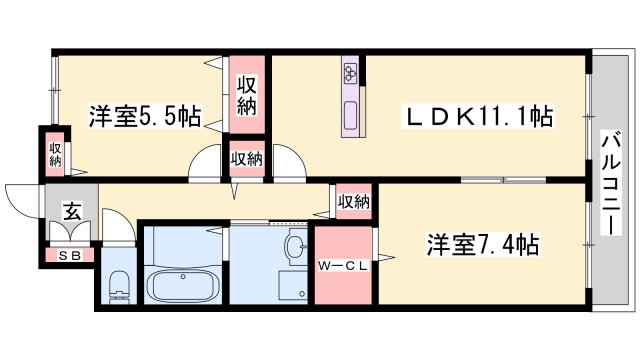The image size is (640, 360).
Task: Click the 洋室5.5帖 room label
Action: click(145, 116)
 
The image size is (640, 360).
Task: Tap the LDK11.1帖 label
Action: click(478, 116)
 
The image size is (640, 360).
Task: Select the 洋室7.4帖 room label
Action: click(483, 244)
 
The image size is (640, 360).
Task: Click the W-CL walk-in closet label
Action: click(343, 266)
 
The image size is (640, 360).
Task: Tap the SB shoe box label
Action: click(70, 256)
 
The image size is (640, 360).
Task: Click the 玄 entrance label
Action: click(72, 211)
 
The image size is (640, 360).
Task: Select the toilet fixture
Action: click(120, 286)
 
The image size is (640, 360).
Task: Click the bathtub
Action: click(183, 285)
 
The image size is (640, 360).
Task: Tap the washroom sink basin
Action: click(296, 247)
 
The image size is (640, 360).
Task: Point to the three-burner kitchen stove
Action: click(351, 72)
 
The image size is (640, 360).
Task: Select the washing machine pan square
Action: click(293, 287)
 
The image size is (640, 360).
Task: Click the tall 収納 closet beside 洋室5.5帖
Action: click(247, 95)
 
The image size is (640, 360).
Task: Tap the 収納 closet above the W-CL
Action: click(353, 201)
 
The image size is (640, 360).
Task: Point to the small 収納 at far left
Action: click(55, 155)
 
